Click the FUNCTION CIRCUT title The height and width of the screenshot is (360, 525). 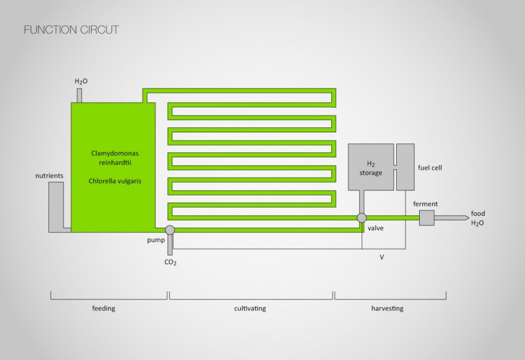(x=71, y=30)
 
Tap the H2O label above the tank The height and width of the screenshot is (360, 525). (x=81, y=81)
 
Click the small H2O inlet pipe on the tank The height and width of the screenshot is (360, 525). (x=79, y=95)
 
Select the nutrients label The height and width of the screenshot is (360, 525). (x=49, y=176)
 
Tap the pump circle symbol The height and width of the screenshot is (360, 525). (x=170, y=230)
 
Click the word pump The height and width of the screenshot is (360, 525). (x=155, y=239)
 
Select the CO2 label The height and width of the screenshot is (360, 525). (x=170, y=262)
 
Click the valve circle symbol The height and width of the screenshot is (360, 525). (x=362, y=218)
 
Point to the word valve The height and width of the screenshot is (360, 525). (x=376, y=228)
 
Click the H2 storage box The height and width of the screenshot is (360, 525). (x=371, y=167)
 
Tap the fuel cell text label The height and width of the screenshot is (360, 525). (x=430, y=168)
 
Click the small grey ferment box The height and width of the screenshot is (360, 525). (x=427, y=218)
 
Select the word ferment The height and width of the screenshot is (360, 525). (x=426, y=204)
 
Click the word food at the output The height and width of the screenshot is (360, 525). (x=478, y=213)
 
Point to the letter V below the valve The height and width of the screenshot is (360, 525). (x=382, y=256)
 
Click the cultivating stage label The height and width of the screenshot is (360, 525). (x=250, y=307)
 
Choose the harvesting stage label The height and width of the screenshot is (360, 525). (x=388, y=307)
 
